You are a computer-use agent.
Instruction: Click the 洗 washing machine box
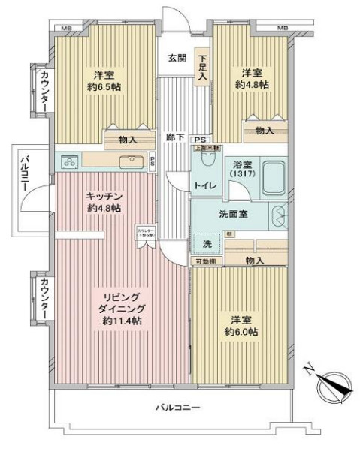point(205,243)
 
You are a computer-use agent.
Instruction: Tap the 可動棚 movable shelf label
point(204,261)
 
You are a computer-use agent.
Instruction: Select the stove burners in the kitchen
point(69,161)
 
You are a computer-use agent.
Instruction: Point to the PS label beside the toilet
point(199,140)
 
